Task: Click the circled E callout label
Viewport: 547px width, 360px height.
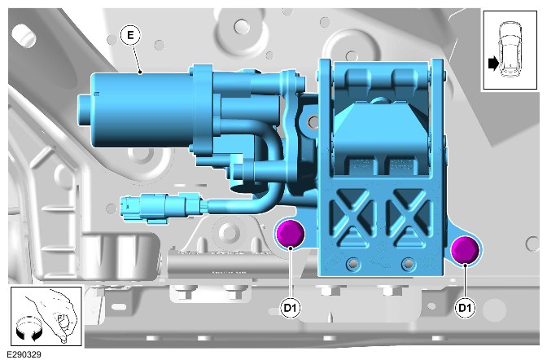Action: click(x=130, y=35)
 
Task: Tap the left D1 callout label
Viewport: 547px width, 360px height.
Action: click(x=291, y=308)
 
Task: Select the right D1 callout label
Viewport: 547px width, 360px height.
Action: click(x=465, y=308)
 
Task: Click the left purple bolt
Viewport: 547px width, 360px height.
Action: click(x=291, y=234)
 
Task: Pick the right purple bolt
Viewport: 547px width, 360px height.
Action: click(x=465, y=251)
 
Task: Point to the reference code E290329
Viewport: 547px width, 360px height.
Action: click(x=24, y=354)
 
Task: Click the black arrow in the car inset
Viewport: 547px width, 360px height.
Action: click(x=493, y=64)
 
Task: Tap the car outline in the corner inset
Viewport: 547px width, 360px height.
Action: click(x=510, y=49)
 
